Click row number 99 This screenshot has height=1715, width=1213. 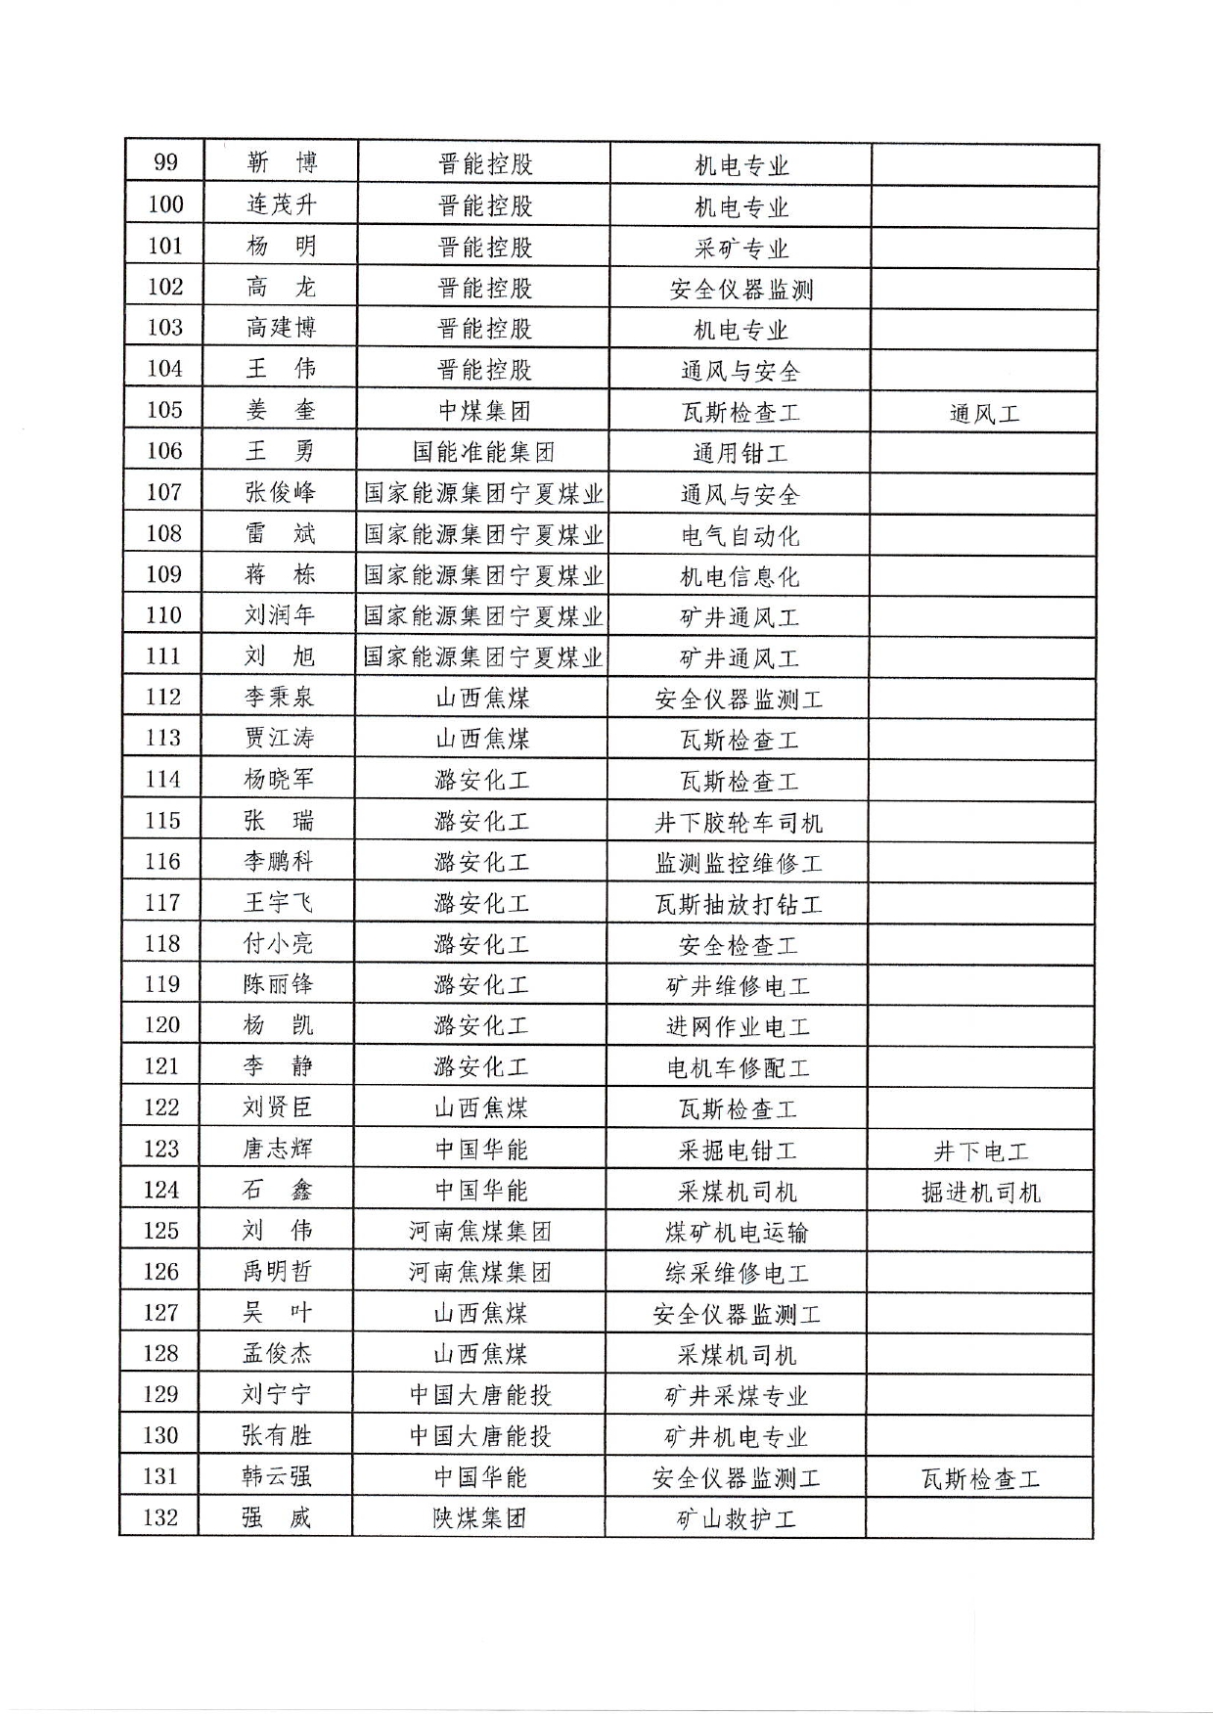click(x=166, y=162)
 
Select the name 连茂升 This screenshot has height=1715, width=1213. click(x=282, y=204)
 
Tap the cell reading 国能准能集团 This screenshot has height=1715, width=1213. click(x=484, y=452)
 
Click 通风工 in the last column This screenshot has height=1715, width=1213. click(x=984, y=413)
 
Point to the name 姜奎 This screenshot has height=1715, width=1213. click(x=281, y=410)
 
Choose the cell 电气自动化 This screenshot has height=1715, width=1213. click(x=740, y=535)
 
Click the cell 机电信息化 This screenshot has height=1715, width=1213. click(x=740, y=576)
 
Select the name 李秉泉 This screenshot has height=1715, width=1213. click(x=280, y=698)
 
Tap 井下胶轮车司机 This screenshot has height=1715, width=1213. click(x=739, y=822)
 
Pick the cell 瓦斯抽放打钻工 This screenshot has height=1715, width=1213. click(x=739, y=904)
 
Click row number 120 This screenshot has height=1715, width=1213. click(x=162, y=1025)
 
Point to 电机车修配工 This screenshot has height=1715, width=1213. click(x=738, y=1067)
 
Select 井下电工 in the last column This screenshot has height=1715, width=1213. click(x=980, y=1151)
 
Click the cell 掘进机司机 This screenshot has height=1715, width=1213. click(x=980, y=1193)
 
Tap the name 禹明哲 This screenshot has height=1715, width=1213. click(x=278, y=1272)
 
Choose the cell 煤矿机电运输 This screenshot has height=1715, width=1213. click(x=737, y=1232)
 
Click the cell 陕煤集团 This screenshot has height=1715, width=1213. click(x=479, y=1518)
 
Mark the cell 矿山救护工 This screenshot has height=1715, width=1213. click(x=736, y=1519)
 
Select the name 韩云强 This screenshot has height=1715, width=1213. click(x=277, y=1476)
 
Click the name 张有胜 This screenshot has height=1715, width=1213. click(x=277, y=1435)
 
